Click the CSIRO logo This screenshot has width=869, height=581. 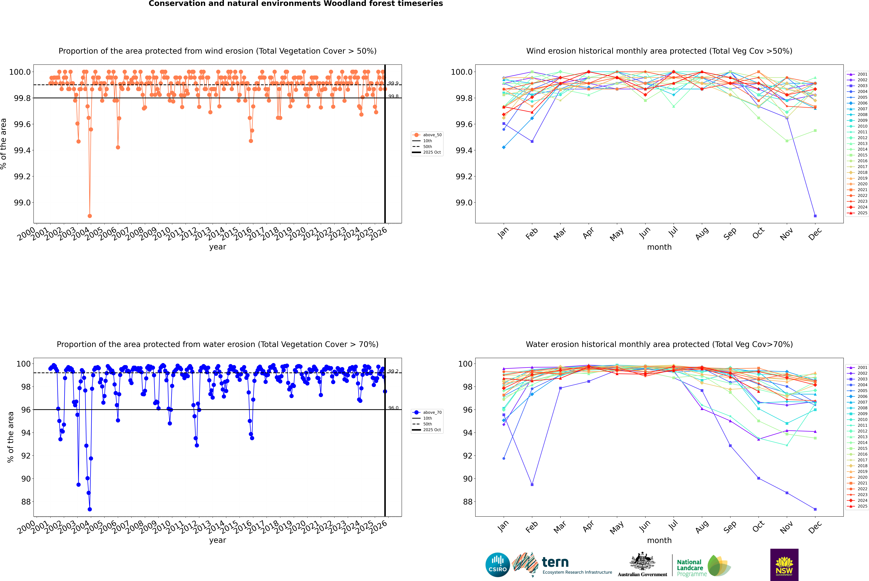[x=498, y=565]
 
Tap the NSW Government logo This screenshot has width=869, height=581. [x=784, y=565]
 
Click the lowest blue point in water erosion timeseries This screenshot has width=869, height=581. [x=90, y=509]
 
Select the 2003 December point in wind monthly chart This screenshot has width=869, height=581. [x=815, y=216]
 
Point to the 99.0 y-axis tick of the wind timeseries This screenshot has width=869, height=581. [x=22, y=203]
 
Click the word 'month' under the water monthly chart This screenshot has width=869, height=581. [x=659, y=540]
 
